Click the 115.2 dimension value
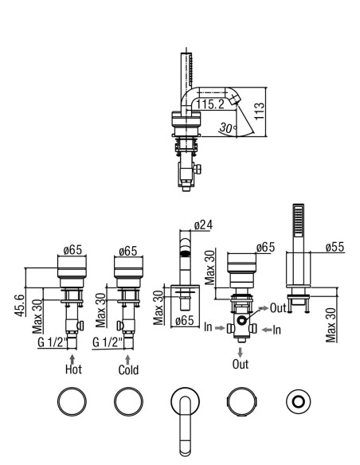[210, 104]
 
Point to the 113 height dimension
[259, 111]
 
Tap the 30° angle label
[228, 128]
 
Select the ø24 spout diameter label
[203, 225]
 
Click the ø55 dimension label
[335, 247]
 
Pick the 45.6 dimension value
[20, 306]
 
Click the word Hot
[73, 369]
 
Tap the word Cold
[128, 369]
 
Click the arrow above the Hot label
[72, 359]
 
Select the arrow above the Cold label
[127, 360]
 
